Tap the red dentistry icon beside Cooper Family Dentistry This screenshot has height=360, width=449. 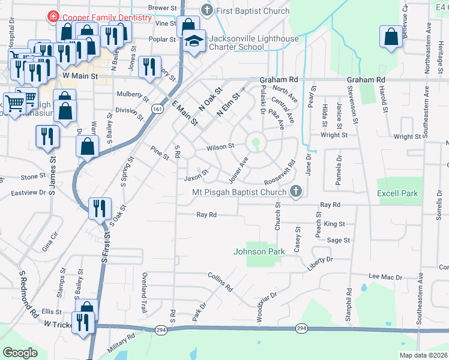click(53, 17)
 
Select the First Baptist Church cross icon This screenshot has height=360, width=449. click(207, 10)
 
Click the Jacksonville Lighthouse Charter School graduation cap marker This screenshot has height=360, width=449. click(193, 42)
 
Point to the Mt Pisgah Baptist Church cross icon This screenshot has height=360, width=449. click(295, 192)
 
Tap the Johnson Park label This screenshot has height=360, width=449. click(258, 252)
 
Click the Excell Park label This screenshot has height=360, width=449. click(397, 193)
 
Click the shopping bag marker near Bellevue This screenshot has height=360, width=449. click(391, 37)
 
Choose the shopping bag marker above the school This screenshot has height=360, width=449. click(188, 26)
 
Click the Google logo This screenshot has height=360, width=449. click(19, 353)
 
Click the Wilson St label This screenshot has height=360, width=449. click(220, 146)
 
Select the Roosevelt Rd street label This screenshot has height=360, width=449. click(284, 172)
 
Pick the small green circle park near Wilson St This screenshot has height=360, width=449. click(256, 142)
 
